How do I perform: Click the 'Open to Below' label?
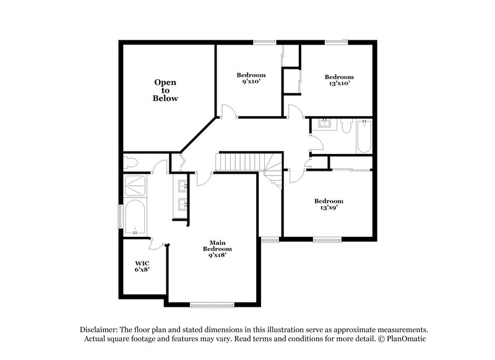tap(165, 90)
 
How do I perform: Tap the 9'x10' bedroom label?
tap(251, 79)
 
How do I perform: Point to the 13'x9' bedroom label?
tap(328, 205)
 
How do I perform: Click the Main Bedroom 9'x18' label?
tap(216, 249)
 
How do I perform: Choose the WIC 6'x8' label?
tap(142, 266)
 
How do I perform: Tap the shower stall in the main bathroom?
tap(135, 186)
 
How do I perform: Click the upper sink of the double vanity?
tap(183, 186)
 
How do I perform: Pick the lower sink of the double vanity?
tap(183, 205)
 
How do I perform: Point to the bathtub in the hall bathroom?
tap(363, 136)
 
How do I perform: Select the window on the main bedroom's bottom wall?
tap(212, 303)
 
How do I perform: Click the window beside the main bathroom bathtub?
tap(121, 216)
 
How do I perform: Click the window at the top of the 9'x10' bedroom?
tap(264, 42)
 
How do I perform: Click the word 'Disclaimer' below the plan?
tap(101, 330)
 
